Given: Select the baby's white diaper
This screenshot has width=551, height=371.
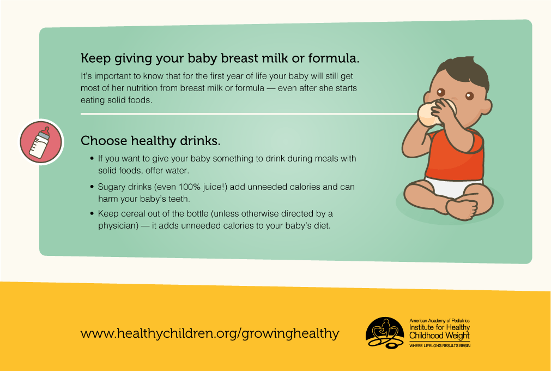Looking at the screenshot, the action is (453, 187).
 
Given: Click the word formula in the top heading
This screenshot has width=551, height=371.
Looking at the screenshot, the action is (334, 58).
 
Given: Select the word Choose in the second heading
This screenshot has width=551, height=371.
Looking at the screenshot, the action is (104, 141).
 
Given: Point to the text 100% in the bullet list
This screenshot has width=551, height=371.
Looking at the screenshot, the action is (190, 187).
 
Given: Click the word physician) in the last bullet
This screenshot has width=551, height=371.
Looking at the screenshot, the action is (118, 226).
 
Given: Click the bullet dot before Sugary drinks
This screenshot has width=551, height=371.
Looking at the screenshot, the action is (92, 187).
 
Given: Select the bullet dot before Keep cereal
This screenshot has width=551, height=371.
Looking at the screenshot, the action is (92, 213).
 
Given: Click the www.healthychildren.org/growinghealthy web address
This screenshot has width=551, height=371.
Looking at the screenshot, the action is (210, 333).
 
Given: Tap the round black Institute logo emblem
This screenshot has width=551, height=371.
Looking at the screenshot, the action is (385, 333).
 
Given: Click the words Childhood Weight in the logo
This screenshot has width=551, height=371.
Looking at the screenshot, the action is (439, 336).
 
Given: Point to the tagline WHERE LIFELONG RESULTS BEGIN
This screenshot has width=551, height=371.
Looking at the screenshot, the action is (440, 346).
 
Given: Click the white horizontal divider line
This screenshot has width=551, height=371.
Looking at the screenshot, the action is (249, 114).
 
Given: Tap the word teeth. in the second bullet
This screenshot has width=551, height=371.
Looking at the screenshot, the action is (179, 199).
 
